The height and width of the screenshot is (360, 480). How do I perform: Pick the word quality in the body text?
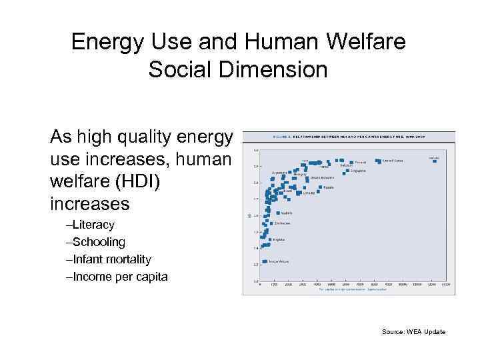click(x=153, y=137)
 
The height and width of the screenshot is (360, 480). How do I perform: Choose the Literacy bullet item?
click(x=93, y=225)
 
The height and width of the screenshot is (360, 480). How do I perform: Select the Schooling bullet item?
click(x=98, y=242)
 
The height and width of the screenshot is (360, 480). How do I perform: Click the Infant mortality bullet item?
click(x=111, y=259)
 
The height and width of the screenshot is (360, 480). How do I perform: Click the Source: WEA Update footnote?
click(x=414, y=332)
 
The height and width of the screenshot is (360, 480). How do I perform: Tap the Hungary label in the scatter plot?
click(x=300, y=174)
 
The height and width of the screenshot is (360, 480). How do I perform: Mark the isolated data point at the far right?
click(x=435, y=161)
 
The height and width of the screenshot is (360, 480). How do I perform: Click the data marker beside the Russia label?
click(x=320, y=187)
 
